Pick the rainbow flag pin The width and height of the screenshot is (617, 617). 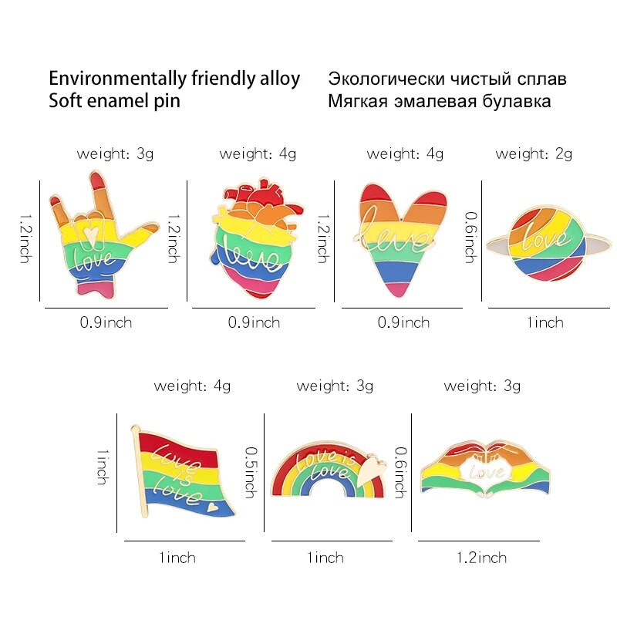point(185,474)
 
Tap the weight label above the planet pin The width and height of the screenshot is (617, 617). point(534,153)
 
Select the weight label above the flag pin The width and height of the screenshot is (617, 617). point(192,385)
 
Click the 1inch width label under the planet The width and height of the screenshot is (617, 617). point(545,322)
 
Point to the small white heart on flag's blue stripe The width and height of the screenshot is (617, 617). point(211,508)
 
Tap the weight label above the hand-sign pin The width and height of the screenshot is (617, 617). point(115,153)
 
